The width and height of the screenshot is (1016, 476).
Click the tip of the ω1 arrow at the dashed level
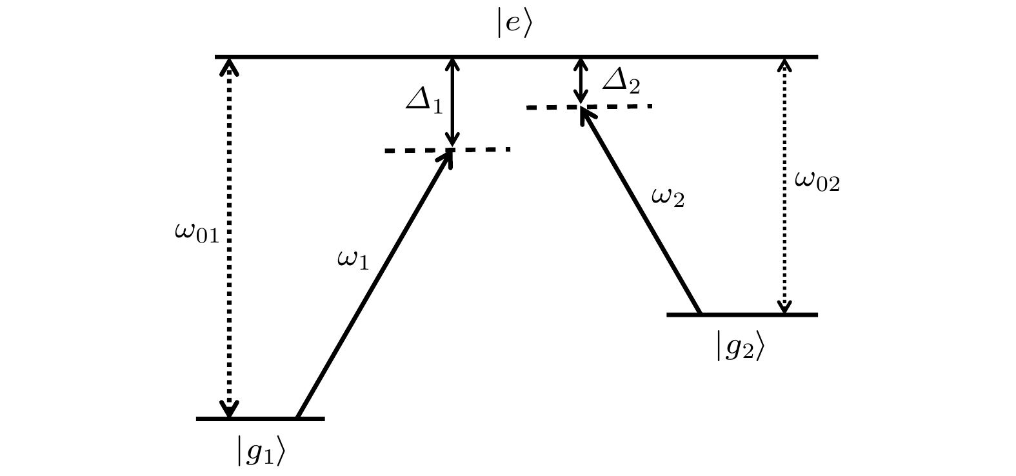(452, 150)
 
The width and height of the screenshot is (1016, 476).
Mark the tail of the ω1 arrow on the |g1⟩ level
(298, 417)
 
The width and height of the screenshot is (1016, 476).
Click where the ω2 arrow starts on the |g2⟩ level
(699, 313)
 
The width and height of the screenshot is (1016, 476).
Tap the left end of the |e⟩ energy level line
(215, 57)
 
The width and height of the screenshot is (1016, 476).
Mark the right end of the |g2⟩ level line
(817, 315)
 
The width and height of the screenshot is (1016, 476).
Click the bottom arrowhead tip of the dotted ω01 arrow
(229, 417)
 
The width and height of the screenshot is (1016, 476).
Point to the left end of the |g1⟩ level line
(197, 419)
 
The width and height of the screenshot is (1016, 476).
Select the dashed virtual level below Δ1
(447, 150)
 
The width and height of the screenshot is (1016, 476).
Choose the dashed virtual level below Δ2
(589, 107)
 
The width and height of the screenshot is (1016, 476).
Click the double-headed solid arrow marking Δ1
(452, 102)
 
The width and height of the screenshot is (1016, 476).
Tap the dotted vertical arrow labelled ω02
(784, 186)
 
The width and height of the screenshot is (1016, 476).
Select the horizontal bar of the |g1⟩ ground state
(261, 419)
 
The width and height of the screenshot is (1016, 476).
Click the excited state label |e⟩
(514, 24)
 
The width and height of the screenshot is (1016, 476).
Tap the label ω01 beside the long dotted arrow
(197, 233)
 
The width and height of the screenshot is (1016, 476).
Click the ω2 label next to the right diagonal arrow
(668, 197)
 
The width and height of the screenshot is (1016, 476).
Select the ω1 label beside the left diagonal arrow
(354, 261)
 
